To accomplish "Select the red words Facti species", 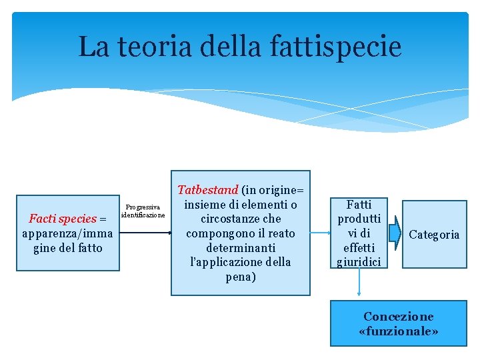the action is tap(63, 219).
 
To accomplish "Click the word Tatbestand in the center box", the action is tap(207, 190).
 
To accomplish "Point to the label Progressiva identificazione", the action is tap(143, 211).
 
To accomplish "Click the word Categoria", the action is tap(434, 235).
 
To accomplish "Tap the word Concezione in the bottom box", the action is tap(398, 317).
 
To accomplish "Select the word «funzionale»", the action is tap(398, 331).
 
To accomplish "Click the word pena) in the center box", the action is tap(240, 277).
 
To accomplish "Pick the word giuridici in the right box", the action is tap(359, 262).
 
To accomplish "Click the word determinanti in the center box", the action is tap(240, 248).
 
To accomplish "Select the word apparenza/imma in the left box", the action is tap(67, 233).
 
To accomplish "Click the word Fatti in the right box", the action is tap(359, 205).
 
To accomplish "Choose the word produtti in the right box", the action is tap(359, 219).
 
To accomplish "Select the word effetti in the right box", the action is tap(359, 248).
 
